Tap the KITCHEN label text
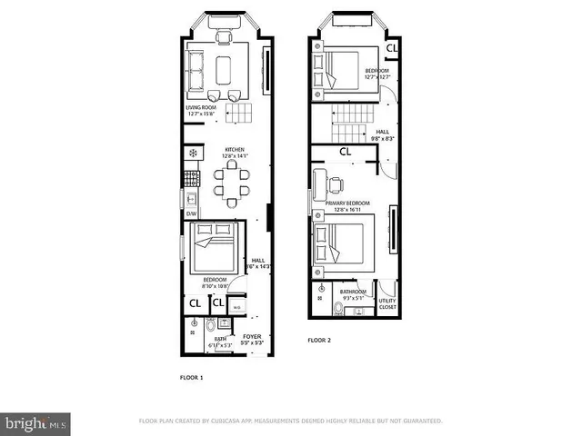click(236, 151)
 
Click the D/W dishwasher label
click(192, 214)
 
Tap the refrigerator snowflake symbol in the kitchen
click(192, 152)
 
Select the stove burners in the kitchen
click(192, 177)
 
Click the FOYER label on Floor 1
click(252, 337)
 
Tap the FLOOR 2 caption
click(318, 340)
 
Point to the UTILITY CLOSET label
click(387, 302)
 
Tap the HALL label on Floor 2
click(383, 132)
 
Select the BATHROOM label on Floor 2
click(354, 292)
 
